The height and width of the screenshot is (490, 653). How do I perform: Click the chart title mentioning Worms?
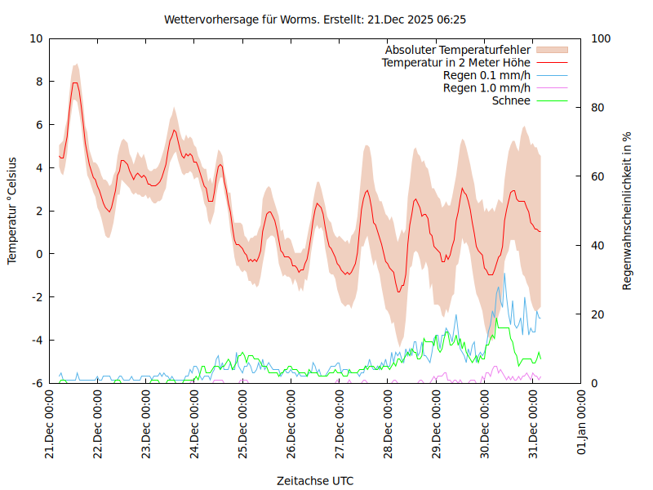[315, 19]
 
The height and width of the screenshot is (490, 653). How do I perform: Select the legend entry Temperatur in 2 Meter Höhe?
[456, 63]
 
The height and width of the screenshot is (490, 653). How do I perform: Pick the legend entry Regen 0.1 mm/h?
[486, 76]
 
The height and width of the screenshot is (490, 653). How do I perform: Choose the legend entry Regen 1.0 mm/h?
[486, 88]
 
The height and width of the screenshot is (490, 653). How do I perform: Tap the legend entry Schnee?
[511, 100]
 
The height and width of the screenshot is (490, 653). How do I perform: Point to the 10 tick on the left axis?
[36, 38]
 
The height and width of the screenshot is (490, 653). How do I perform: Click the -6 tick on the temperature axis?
[36, 383]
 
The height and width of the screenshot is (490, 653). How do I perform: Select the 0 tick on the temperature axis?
[38, 254]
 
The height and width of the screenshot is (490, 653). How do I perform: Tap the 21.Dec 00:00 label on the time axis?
[50, 424]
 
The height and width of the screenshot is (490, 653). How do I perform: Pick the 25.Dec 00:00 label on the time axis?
[243, 424]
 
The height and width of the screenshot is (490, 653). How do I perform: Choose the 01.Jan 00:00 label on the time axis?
[582, 424]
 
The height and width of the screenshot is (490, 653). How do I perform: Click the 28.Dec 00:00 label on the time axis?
[389, 424]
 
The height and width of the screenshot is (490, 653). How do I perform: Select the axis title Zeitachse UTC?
[315, 480]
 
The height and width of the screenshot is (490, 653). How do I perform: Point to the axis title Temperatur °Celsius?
[12, 211]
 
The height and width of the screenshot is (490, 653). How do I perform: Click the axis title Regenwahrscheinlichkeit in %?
[628, 211]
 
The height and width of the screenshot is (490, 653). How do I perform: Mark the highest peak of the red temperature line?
[75, 82]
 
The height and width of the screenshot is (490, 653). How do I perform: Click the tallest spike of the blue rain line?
[504, 274]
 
